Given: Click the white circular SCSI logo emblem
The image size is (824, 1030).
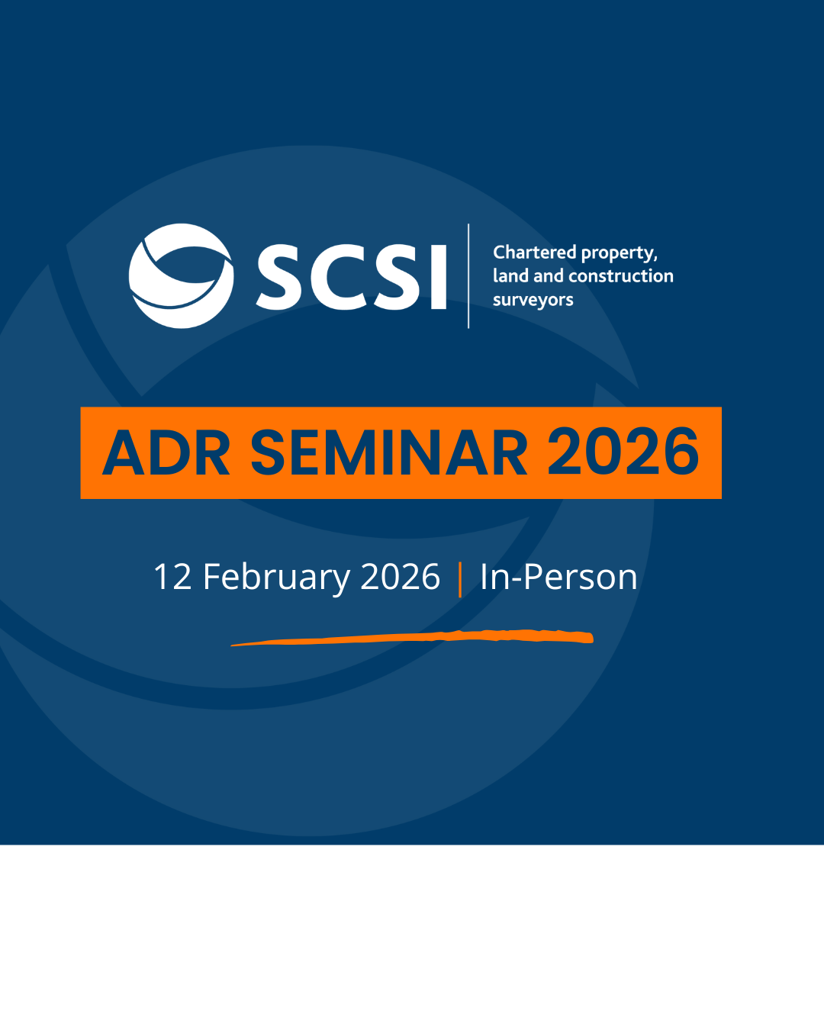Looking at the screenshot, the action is point(181,275).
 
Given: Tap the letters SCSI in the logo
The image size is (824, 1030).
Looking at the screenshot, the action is point(352,277).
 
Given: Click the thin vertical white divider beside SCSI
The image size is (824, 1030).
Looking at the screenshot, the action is point(468,275).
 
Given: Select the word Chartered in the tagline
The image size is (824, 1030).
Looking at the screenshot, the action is point(534,252).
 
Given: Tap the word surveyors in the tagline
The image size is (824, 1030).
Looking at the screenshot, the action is point(533,301).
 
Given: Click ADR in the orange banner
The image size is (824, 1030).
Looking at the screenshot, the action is point(166,452).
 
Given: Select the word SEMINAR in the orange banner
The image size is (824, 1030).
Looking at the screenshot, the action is point(389,452).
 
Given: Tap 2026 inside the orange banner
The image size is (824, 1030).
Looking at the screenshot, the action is point(623,452).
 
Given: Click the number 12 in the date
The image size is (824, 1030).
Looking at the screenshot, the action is point(172,577).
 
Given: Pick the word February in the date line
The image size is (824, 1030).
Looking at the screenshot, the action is point(276,578).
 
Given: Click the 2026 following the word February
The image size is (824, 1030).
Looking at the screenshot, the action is point(400,577).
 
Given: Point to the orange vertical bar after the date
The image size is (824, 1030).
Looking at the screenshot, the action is point(460,580).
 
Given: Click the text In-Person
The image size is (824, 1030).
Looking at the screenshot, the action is point(558,577).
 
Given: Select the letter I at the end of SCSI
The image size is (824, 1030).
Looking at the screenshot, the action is point(439,277).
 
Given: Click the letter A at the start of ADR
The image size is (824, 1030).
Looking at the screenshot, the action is point(124,452).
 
